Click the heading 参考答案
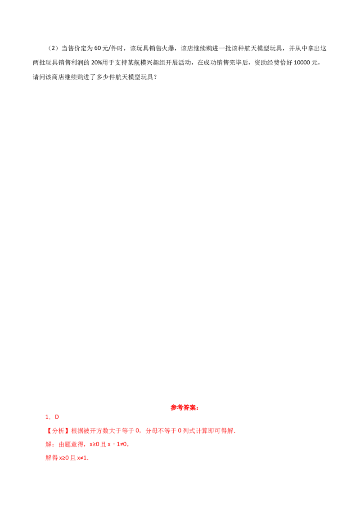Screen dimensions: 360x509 pos(184,408)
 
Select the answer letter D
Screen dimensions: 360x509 pos(57,417)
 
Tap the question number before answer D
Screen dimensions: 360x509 pos(46,417)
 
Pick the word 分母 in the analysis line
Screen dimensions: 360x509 pos(151,431)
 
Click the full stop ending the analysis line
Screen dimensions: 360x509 pos(236,432)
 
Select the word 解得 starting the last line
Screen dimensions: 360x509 pos(50,459)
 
